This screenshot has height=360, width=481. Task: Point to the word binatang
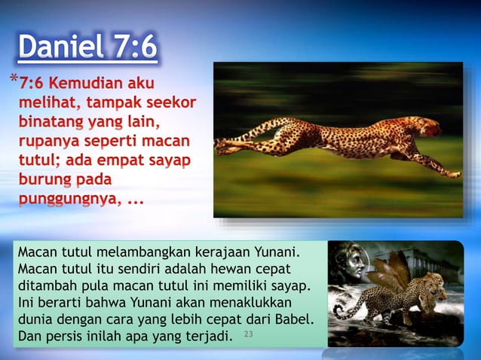click(x=49, y=121)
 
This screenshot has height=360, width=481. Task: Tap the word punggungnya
click(x=64, y=200)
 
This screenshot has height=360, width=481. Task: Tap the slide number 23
click(x=249, y=333)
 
